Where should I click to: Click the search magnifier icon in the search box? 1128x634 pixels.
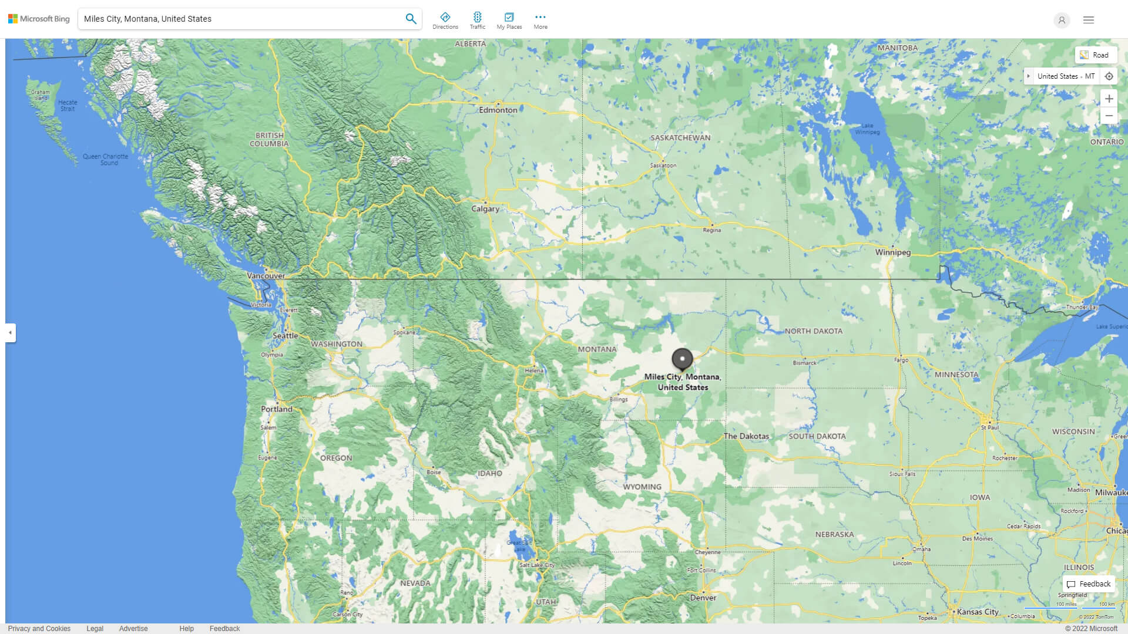(x=411, y=19)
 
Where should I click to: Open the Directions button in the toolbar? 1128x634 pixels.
(x=445, y=21)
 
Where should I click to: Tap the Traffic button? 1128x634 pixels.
(x=478, y=21)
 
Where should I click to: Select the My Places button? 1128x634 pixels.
(x=509, y=21)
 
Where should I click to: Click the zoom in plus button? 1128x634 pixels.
(x=1109, y=99)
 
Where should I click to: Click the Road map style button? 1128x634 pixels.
(x=1095, y=55)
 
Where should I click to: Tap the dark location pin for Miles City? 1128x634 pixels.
(x=682, y=359)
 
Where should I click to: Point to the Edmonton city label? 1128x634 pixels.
(x=498, y=110)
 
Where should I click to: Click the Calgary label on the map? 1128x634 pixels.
(x=485, y=208)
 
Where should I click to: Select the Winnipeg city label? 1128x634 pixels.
(x=892, y=252)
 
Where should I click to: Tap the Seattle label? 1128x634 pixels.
(x=285, y=336)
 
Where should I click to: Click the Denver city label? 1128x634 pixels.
(x=703, y=598)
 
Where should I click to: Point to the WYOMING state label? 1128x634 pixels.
(x=642, y=487)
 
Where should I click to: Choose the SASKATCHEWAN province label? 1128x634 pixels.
(x=680, y=138)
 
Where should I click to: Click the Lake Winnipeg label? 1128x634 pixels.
(x=867, y=129)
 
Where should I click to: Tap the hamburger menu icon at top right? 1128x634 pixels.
(x=1089, y=20)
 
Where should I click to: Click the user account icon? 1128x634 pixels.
(x=1062, y=21)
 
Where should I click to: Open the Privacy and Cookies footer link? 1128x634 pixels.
(x=39, y=628)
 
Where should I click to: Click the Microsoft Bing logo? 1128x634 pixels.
(x=39, y=19)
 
